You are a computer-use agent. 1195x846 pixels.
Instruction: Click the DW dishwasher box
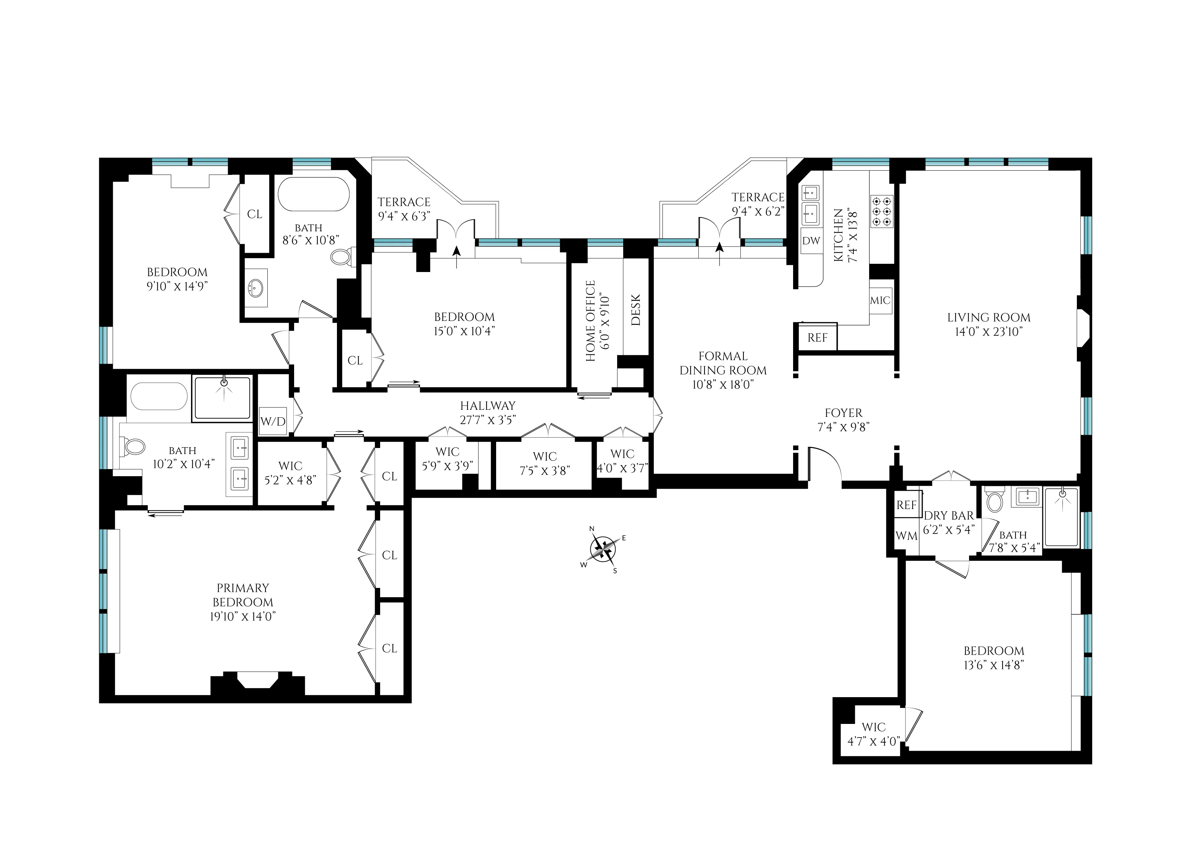click(811, 241)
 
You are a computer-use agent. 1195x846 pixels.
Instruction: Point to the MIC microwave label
click(880, 301)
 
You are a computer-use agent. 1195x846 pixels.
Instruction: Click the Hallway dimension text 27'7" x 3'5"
click(488, 419)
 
